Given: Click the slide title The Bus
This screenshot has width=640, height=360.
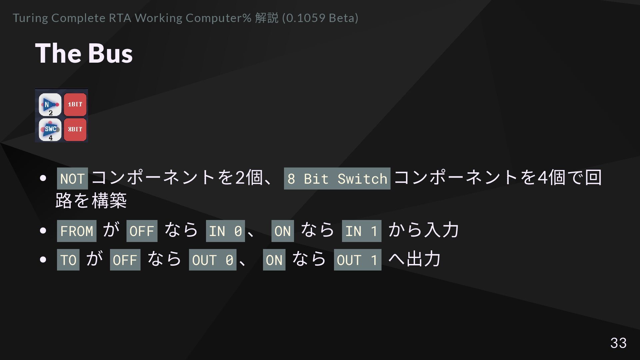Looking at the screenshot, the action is (x=84, y=53).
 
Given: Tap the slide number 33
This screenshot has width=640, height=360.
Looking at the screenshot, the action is (x=618, y=343).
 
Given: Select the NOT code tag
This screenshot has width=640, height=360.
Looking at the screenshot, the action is (x=72, y=179).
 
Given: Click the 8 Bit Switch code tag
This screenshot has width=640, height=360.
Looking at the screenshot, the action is (x=337, y=179).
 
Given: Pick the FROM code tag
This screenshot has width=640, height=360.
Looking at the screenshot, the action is (x=77, y=231).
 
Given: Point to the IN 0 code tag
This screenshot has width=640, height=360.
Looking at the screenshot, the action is (x=225, y=231).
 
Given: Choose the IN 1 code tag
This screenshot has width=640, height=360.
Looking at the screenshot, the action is (x=361, y=231).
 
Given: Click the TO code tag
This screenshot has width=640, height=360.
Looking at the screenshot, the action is (x=68, y=260).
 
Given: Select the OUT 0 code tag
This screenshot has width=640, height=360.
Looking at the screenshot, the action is (x=213, y=260).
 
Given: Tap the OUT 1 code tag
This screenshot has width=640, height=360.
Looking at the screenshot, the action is (x=357, y=260).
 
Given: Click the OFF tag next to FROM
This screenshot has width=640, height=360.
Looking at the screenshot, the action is (x=142, y=231).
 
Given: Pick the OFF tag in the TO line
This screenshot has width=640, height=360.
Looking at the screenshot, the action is (x=125, y=260).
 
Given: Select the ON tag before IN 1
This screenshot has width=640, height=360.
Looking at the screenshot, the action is (x=283, y=231).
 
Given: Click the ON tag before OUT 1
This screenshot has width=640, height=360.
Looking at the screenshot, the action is (x=274, y=260).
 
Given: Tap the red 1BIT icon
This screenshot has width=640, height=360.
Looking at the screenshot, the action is (x=75, y=105).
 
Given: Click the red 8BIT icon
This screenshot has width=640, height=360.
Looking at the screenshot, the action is (x=75, y=129).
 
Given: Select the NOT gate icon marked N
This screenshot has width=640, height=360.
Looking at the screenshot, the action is (x=50, y=105).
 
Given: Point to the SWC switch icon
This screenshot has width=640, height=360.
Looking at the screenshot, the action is (x=50, y=129).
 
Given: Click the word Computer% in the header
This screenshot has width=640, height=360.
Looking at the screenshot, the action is (x=218, y=18).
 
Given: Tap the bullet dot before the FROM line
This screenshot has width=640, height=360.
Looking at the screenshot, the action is (x=43, y=231).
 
